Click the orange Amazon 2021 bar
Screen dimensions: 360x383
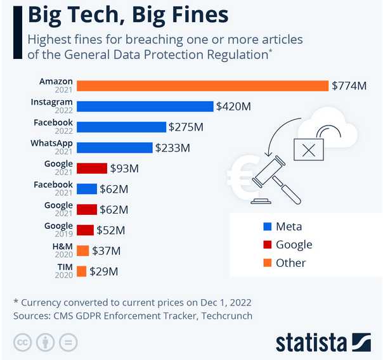click(x=202, y=86)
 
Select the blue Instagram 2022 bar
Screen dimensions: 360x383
click(x=145, y=106)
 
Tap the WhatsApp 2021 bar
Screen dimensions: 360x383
click(x=114, y=147)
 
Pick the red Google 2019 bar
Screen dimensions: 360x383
click(x=85, y=229)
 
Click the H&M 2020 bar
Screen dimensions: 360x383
click(x=82, y=250)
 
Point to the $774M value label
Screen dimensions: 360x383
click(x=349, y=86)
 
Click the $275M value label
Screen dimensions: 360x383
click(x=186, y=127)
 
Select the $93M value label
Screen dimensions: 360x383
click(x=124, y=168)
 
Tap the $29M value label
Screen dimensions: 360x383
click(x=103, y=271)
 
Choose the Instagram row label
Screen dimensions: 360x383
click(x=52, y=102)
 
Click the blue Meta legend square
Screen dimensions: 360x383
click(x=267, y=226)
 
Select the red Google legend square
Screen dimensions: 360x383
click(x=267, y=245)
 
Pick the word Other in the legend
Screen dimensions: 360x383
click(x=290, y=262)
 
